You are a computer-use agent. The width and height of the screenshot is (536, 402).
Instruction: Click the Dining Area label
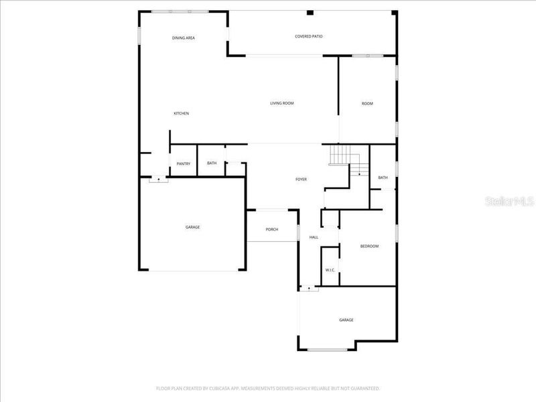(x=183, y=38)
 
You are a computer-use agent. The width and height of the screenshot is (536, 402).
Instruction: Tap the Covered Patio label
(x=309, y=36)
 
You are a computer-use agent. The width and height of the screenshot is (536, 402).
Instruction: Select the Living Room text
(x=282, y=103)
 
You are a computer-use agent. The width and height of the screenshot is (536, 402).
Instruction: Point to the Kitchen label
(x=182, y=113)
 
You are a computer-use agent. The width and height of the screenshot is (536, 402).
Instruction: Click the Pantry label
(x=184, y=163)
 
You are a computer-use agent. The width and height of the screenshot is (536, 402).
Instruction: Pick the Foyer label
(x=301, y=180)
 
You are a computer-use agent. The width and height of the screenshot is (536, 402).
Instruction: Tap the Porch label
(x=272, y=230)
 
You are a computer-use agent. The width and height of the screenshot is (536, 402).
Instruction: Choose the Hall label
(x=314, y=237)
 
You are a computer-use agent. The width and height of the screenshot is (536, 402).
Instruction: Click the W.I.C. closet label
(x=330, y=270)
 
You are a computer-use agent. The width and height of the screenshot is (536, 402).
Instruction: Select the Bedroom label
(x=369, y=247)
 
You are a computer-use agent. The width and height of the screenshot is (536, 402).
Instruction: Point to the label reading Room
(x=367, y=103)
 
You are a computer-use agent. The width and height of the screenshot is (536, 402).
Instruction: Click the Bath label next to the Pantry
(x=212, y=163)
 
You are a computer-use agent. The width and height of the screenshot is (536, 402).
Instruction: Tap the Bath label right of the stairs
(x=383, y=178)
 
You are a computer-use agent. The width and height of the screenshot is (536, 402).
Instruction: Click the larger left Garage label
(x=192, y=227)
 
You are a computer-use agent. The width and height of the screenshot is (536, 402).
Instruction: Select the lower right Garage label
(x=346, y=320)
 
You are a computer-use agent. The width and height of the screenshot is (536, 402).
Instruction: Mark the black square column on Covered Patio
(x=310, y=12)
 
